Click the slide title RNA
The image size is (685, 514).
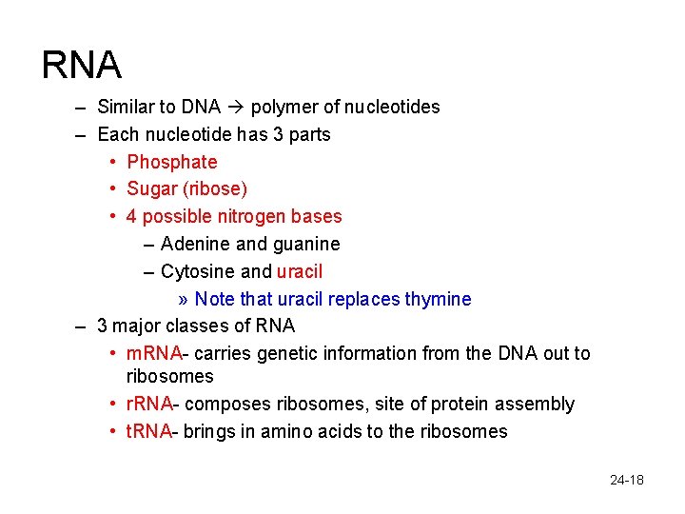82,65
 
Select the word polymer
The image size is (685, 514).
284,108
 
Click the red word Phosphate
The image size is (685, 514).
172,163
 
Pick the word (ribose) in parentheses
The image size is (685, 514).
216,189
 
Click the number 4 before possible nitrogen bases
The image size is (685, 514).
131,217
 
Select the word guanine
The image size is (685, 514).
306,245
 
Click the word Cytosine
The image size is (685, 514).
199,272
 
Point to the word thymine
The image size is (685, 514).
438,300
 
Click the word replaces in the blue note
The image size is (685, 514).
364,300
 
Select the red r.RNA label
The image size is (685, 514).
150,405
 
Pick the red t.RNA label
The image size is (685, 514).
149,432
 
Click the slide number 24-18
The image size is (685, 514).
627,480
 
